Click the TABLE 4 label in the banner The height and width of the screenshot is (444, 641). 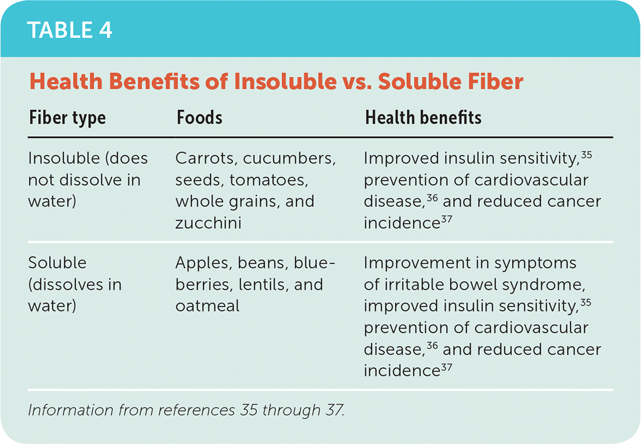click(70, 31)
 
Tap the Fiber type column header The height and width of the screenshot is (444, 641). click(68, 118)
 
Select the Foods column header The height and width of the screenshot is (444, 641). click(199, 117)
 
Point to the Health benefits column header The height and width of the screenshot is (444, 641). click(423, 117)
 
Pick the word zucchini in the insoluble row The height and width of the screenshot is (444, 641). click(209, 223)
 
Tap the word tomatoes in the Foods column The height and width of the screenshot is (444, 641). click(269, 180)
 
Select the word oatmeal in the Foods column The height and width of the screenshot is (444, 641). click(207, 306)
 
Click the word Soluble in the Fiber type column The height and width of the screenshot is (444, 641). click(57, 263)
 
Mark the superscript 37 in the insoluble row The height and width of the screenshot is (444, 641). click(447, 219)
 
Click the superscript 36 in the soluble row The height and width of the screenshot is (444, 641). click(432, 346)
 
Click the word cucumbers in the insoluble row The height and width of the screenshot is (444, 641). click(289, 158)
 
